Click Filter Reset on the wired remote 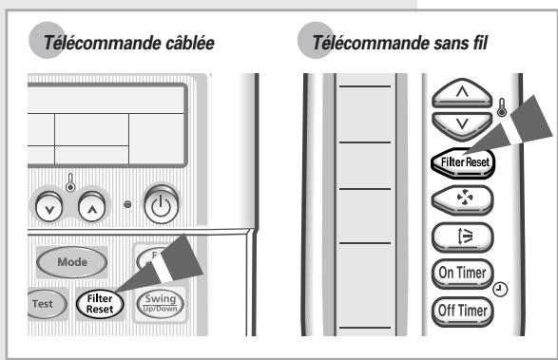pyautogui.click(x=100, y=302)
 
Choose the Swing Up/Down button pyautogui.click(x=159, y=302)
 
